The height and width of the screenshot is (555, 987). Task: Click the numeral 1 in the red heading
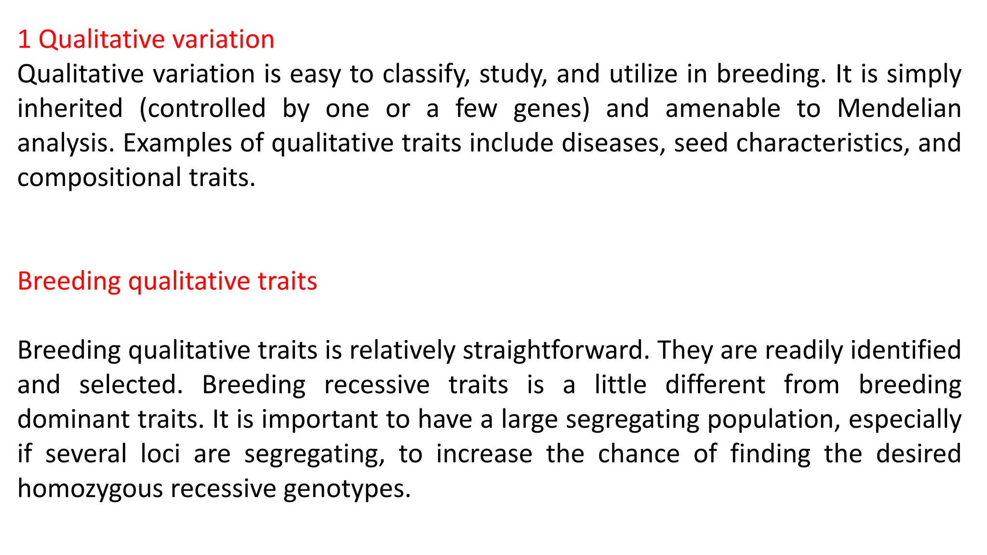pyautogui.click(x=24, y=40)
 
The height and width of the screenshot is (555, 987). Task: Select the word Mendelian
pyautogui.click(x=899, y=108)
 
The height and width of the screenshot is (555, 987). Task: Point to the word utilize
pyautogui.click(x=641, y=74)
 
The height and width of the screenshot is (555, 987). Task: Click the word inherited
pyautogui.click(x=70, y=108)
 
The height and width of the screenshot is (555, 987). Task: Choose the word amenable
pyautogui.click(x=722, y=108)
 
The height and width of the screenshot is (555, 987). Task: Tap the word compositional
pyautogui.click(x=99, y=178)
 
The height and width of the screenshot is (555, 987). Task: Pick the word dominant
pyautogui.click(x=73, y=419)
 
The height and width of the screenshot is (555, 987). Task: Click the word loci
pyautogui.click(x=160, y=454)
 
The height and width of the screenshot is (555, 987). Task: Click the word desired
pyautogui.click(x=918, y=454)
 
